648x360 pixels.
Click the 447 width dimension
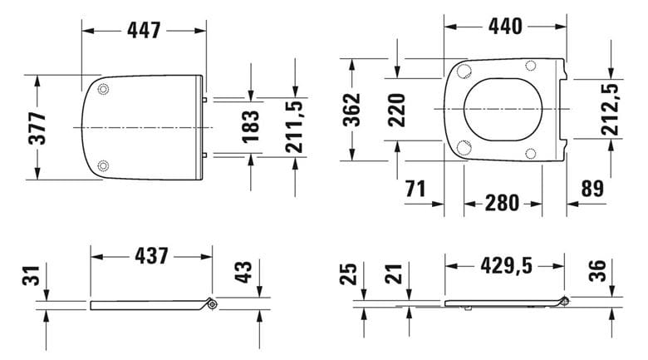144,30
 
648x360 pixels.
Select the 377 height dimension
37,128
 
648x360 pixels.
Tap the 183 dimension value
251,126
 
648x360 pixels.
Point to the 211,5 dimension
295,126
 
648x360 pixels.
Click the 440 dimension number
505,27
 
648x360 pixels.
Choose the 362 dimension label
352,109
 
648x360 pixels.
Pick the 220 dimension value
396,110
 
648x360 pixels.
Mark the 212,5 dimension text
610,109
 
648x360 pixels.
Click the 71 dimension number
415,189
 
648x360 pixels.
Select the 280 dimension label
502,203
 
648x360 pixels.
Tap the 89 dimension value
593,189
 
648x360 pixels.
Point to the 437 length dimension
152,256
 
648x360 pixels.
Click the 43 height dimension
243,272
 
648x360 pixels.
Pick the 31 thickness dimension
31,275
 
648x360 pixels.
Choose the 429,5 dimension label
506,266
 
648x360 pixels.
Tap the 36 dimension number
597,270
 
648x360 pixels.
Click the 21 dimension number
394,274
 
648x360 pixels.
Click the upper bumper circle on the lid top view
103,89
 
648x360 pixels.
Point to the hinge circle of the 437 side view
213,304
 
